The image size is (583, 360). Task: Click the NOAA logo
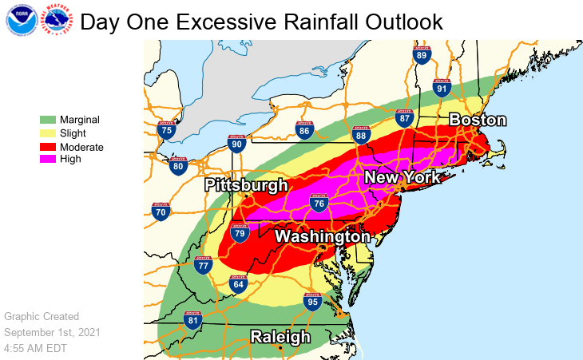(x=21, y=22)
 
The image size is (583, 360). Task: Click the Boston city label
(x=478, y=121)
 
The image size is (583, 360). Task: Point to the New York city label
(x=402, y=178)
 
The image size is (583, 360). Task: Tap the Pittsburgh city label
(x=246, y=186)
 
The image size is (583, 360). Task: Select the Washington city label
(x=323, y=238)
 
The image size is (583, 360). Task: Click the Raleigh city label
(x=280, y=337)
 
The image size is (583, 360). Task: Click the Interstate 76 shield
(x=319, y=203)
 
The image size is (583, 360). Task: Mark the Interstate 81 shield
(x=192, y=320)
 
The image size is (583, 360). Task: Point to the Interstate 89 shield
(x=422, y=54)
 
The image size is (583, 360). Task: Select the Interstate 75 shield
(x=166, y=129)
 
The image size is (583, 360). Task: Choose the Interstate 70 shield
(x=161, y=212)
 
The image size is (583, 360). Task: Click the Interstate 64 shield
(x=237, y=283)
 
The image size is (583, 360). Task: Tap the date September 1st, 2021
(x=53, y=332)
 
